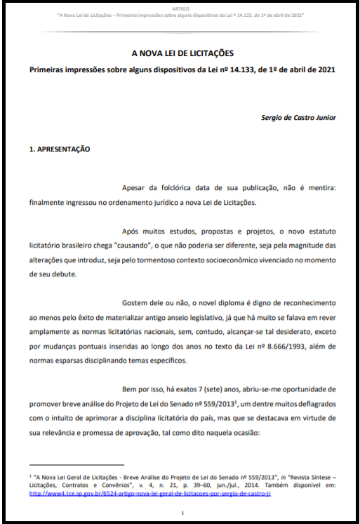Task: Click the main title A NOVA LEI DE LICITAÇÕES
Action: [x=182, y=53]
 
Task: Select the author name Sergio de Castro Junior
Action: [x=298, y=118]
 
